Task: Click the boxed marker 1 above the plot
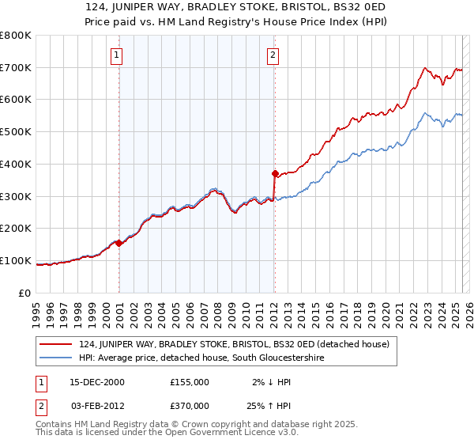pos(117,55)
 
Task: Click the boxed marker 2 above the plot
pos(273,55)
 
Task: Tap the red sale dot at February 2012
pos(274,173)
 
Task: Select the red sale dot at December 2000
pos(119,243)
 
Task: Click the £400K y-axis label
pos(16,164)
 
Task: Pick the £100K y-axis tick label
pos(16,260)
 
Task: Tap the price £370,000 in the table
pos(189,407)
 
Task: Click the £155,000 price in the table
pos(189,381)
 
